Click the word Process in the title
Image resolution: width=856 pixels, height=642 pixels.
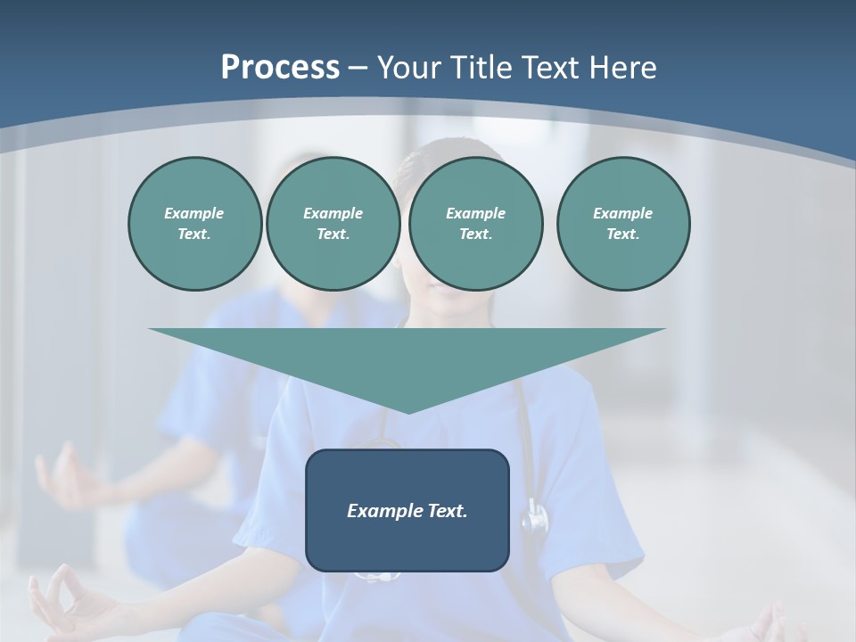[280, 67]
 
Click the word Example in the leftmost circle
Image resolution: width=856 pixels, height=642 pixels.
[194, 213]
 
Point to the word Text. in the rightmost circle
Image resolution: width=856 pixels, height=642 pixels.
[623, 235]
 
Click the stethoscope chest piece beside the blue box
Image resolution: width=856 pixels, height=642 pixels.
[535, 516]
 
